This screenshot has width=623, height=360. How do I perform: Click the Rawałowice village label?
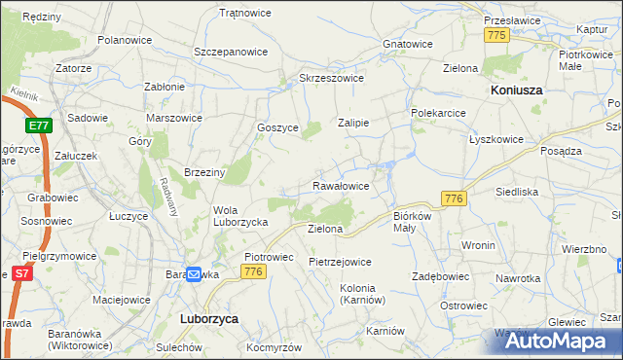[340, 185]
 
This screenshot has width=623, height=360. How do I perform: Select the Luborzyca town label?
[210, 318]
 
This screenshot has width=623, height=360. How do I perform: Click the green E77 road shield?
[39, 126]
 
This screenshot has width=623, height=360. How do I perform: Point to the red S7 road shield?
[20, 275]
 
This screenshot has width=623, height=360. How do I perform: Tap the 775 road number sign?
[497, 35]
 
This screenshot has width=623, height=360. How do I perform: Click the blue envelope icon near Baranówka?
[193, 275]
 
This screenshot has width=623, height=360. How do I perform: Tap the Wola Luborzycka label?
[240, 215]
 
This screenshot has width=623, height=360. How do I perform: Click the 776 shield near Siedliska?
[454, 198]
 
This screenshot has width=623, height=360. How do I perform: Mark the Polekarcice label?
[439, 113]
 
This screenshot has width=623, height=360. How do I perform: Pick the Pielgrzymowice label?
[60, 256]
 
